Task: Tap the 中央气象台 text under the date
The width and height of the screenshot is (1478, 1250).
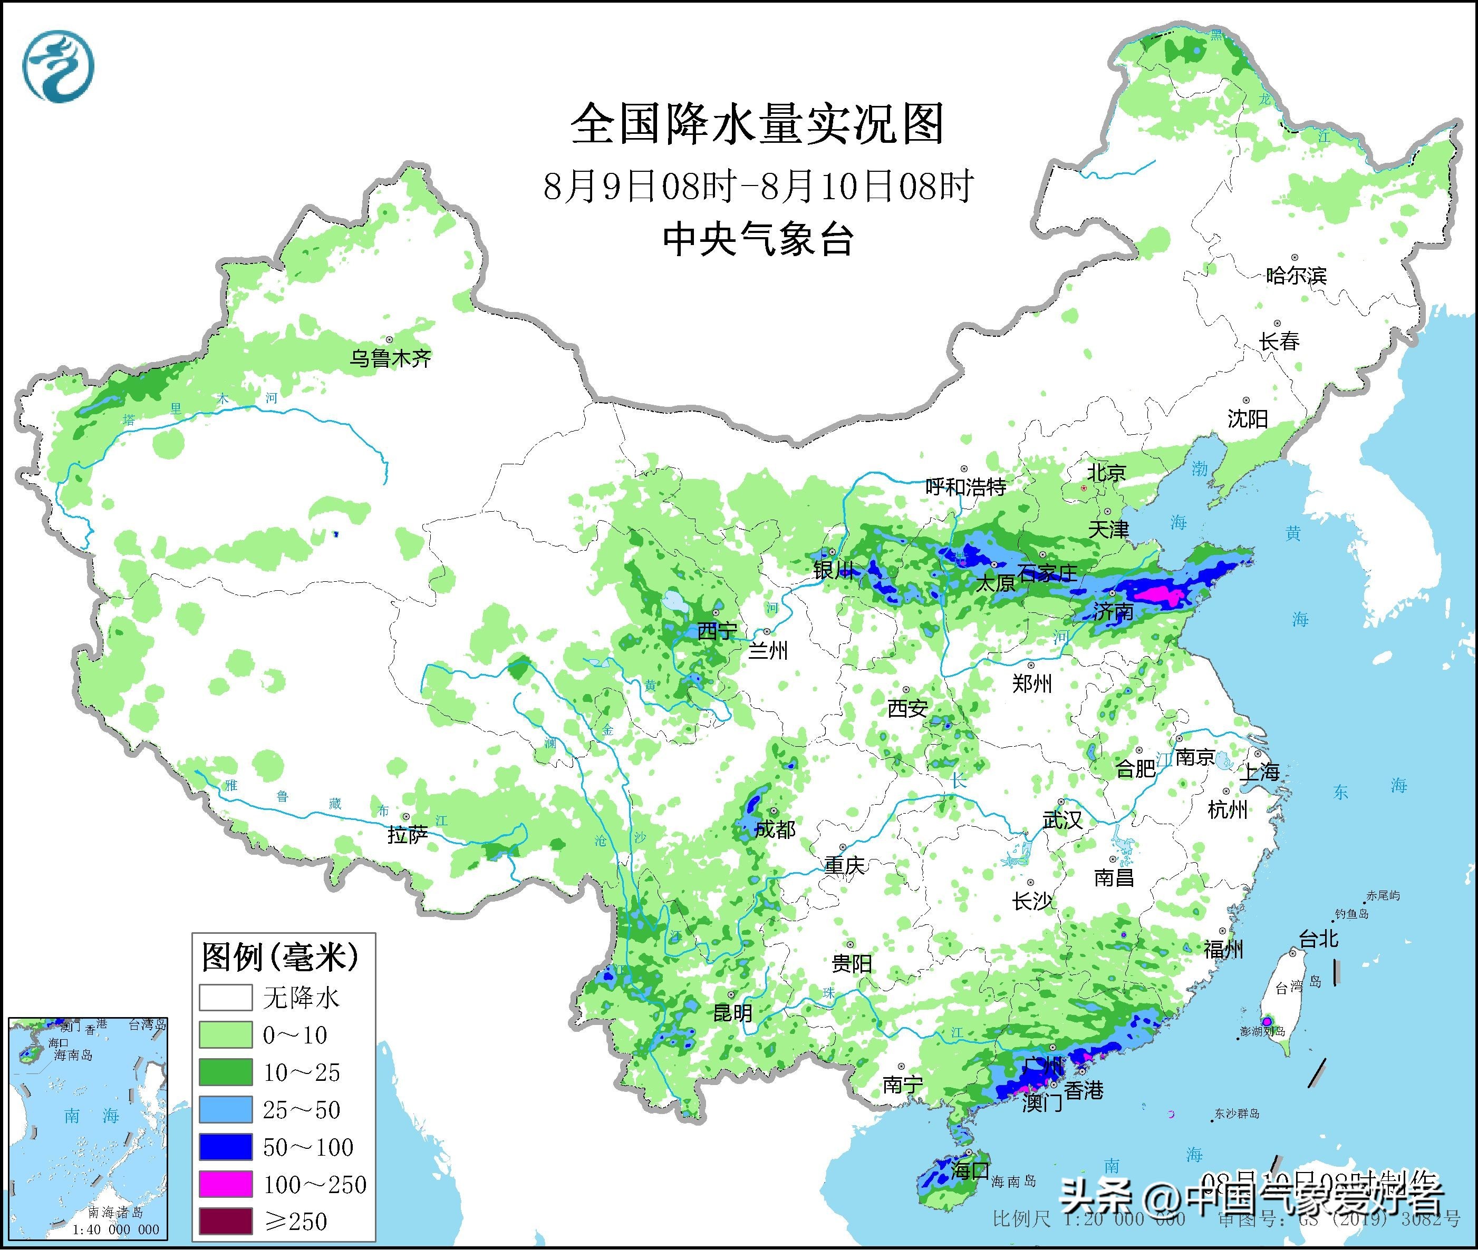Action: click(x=757, y=239)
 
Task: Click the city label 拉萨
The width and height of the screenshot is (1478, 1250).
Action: click(x=408, y=835)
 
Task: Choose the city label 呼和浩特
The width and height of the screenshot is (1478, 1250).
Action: click(x=965, y=487)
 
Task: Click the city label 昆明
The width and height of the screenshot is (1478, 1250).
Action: click(x=732, y=1013)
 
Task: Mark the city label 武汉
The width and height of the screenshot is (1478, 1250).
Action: click(x=1062, y=820)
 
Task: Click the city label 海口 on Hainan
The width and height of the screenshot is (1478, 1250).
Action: click(x=970, y=1170)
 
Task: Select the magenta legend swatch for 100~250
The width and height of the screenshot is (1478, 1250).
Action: click(x=226, y=1184)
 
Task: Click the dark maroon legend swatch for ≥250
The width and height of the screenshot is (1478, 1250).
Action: click(x=226, y=1220)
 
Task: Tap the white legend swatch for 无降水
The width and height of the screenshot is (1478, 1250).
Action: click(x=226, y=998)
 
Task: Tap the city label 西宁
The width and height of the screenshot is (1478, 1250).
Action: click(x=717, y=631)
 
